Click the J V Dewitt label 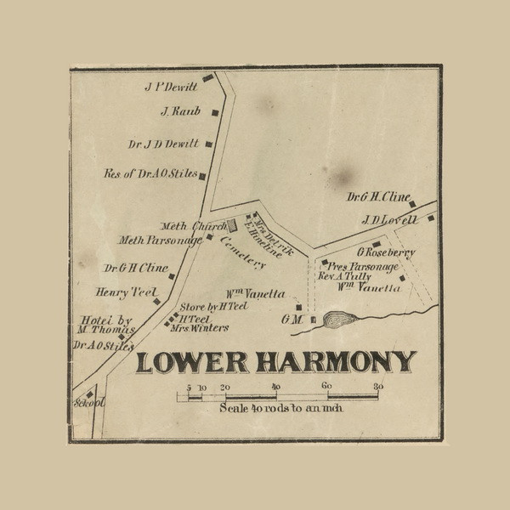171,87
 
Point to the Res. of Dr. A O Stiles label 150,174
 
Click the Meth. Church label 195,226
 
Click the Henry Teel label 128,292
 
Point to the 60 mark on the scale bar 326,387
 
